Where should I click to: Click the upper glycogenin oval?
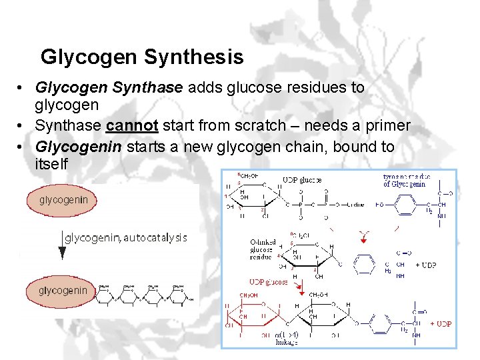63,200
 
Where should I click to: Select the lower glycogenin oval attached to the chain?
62,291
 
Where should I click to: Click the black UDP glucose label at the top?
302,180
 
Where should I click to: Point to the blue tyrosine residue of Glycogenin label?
407,181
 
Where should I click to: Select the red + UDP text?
441,324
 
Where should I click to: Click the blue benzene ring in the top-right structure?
406,205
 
